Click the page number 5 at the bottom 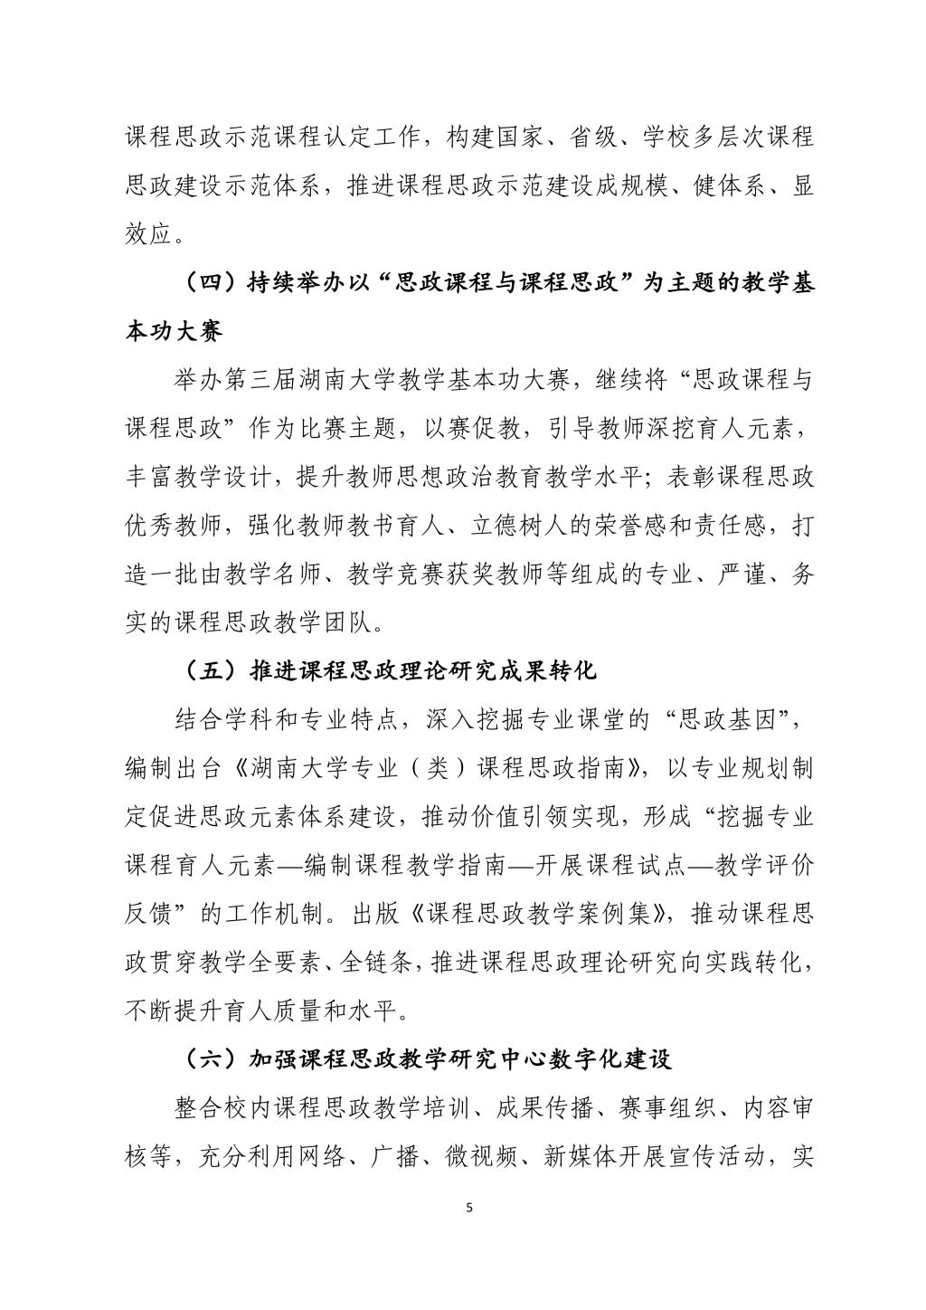[x=468, y=1207]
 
